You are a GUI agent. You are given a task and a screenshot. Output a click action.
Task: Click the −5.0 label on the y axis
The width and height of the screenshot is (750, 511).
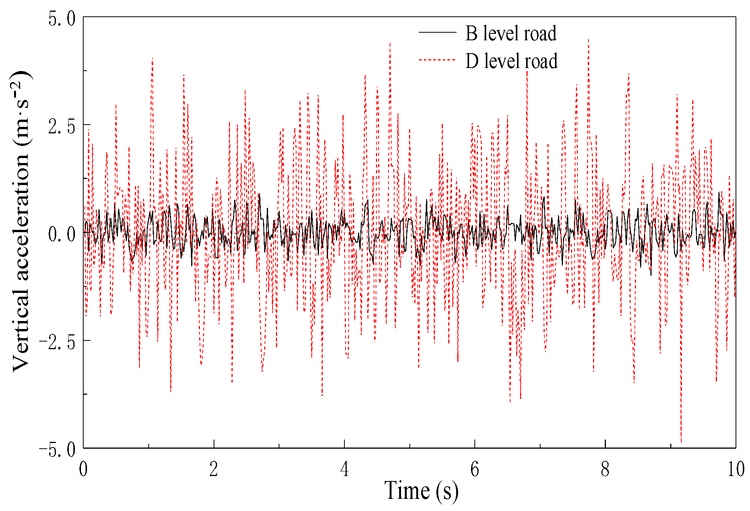[x=57, y=450]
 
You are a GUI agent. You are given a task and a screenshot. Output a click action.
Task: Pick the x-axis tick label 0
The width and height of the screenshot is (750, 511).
[x=83, y=469]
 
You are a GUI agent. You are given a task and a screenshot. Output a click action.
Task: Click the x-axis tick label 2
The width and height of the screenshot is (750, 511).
[x=214, y=469]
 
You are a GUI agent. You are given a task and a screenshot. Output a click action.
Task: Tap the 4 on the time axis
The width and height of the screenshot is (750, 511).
[x=344, y=469]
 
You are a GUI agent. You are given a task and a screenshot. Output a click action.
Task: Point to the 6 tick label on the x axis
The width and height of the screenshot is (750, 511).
[x=475, y=469]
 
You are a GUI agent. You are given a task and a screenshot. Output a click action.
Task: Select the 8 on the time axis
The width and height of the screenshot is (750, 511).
[x=605, y=469]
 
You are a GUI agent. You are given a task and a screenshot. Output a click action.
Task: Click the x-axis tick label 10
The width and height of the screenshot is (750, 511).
[x=736, y=469]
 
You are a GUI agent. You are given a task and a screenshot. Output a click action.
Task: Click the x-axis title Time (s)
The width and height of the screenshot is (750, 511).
[x=421, y=491]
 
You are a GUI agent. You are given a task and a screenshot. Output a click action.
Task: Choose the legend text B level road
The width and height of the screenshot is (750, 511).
[x=511, y=33]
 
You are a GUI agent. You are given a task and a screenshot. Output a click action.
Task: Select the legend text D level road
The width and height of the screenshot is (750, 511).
[x=511, y=61]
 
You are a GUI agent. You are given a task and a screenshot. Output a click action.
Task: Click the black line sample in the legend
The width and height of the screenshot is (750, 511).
[x=437, y=33]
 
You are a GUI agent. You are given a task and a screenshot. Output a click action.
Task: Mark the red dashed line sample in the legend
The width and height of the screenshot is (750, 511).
[x=437, y=60]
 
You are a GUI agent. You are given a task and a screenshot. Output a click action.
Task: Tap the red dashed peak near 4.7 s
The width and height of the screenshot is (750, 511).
[x=390, y=44]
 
